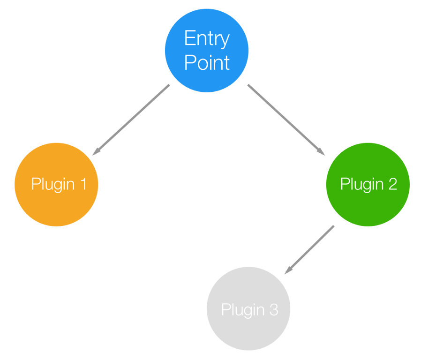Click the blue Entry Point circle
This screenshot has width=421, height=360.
pyautogui.click(x=206, y=50)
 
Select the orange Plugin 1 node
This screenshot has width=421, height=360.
pyautogui.click(x=56, y=184)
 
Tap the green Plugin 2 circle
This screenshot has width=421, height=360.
pyautogui.click(x=368, y=184)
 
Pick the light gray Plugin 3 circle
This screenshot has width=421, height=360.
pyautogui.click(x=248, y=309)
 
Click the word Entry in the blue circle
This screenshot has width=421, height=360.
pyautogui.click(x=206, y=39)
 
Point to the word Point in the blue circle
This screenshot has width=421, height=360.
pyautogui.click(x=206, y=63)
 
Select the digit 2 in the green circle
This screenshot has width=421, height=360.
pyautogui.click(x=392, y=184)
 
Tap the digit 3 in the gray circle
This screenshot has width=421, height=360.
pyautogui.click(x=273, y=309)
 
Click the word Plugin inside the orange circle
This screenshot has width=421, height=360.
pyautogui.click(x=52, y=185)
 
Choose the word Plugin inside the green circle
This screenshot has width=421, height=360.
pyautogui.click(x=361, y=185)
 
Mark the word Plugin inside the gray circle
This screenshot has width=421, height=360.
pyautogui.click(x=242, y=310)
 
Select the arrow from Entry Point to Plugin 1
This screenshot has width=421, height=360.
pyautogui.click(x=131, y=120)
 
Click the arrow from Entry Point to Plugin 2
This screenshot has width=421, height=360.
pyautogui.click(x=286, y=120)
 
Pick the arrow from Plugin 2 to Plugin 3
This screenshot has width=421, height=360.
pyautogui.click(x=310, y=249)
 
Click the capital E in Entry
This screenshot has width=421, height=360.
pyautogui.click(x=189, y=38)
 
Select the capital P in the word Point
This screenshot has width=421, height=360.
pyautogui.click(x=189, y=63)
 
